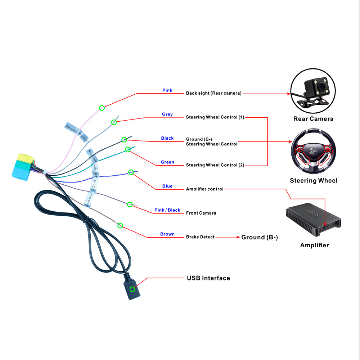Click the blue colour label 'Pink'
167,90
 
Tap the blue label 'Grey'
167,114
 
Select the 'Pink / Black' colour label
167,210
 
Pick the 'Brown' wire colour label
167,234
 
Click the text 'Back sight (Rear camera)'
213,93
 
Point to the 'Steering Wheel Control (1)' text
215,117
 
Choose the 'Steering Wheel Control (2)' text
215,165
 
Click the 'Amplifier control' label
204,189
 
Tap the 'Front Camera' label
201,213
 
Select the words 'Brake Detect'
200,237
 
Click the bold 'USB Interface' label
208,278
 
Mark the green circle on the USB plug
132,289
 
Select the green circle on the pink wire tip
102,108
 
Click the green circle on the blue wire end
131,172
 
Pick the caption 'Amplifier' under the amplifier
314,246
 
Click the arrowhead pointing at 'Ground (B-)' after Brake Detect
238,237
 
